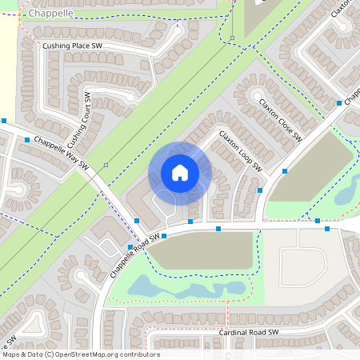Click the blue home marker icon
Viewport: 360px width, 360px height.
coord(180,173)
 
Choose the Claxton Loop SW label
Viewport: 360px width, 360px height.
coord(241,152)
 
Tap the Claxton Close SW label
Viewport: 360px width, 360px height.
coord(279,120)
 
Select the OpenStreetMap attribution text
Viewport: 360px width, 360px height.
coord(81,354)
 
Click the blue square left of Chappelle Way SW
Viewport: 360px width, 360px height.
coord(27,140)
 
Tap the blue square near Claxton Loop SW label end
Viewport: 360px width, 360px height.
coord(286,170)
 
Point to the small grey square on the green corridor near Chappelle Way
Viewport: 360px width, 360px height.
coord(106,165)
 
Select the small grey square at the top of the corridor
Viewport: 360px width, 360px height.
coord(232,38)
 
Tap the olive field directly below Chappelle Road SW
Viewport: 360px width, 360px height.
coord(200,253)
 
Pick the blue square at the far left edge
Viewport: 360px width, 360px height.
coord(4,120)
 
